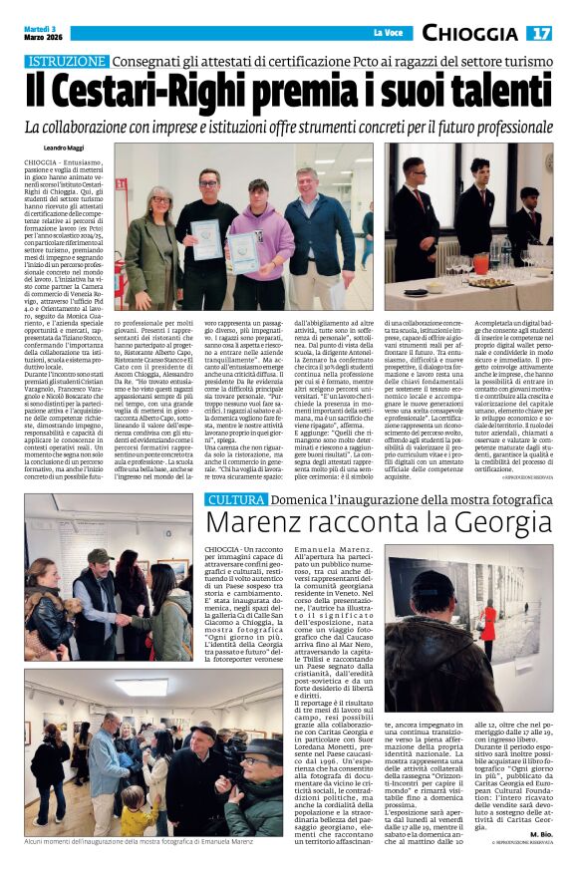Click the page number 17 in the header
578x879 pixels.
click(539, 33)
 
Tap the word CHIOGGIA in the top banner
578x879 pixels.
click(469, 33)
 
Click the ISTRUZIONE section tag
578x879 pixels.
click(66, 62)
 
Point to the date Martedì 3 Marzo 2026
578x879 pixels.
click(41, 34)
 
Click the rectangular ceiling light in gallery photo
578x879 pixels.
click(141, 687)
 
